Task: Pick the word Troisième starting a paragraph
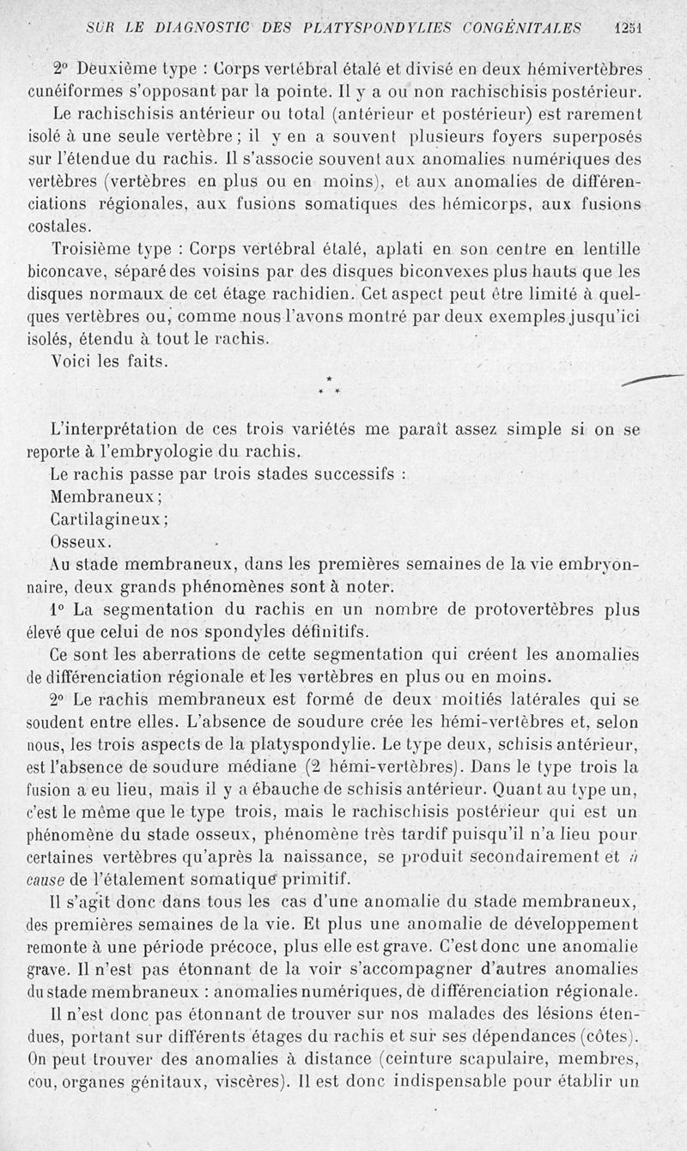94,250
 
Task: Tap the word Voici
73,361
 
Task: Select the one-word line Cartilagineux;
109,519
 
